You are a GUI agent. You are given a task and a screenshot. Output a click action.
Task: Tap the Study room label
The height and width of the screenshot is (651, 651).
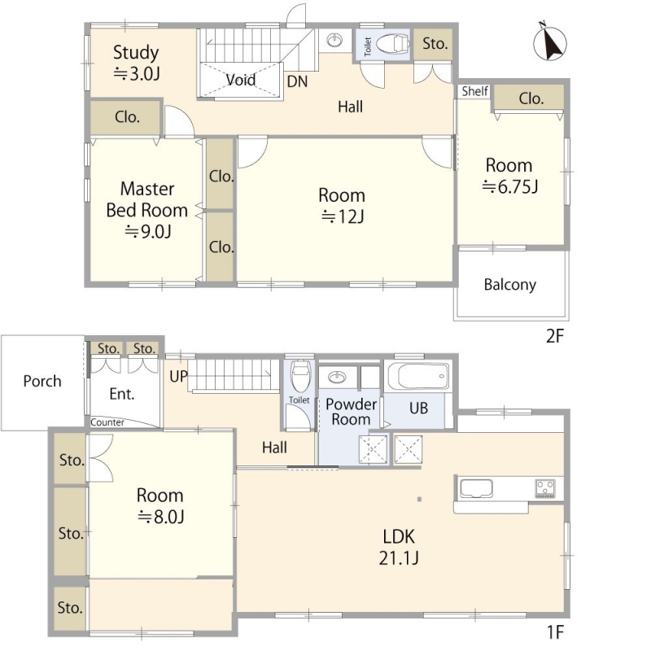coord(136,52)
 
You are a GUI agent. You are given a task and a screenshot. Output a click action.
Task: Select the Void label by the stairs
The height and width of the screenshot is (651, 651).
coord(241,79)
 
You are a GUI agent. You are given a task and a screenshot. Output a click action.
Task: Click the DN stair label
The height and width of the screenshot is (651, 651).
coord(297,81)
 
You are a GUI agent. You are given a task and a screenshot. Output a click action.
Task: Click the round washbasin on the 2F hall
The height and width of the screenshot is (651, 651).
coord(334,40)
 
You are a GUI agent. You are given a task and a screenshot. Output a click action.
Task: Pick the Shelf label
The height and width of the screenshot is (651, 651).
coord(475,91)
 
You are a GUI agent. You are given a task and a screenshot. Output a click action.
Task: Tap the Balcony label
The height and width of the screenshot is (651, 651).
coord(510,285)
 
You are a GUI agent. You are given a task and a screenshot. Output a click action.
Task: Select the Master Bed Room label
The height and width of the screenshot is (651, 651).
coord(147,199)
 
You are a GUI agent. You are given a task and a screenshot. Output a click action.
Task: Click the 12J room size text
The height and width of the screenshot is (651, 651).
coord(343,216)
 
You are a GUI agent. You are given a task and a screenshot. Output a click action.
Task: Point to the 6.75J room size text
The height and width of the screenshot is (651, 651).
coord(510,187)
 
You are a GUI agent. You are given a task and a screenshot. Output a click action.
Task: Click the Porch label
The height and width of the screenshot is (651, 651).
coord(42,381)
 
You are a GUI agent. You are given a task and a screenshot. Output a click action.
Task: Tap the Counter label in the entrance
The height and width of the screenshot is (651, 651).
coord(107,422)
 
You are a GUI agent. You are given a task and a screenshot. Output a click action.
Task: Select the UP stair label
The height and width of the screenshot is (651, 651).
coord(178,377)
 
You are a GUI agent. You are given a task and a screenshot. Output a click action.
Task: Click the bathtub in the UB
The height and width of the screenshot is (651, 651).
coord(418,376)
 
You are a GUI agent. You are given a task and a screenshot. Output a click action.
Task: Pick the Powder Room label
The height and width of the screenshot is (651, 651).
coord(352,412)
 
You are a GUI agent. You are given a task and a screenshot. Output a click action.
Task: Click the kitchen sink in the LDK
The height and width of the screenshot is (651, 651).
coord(476,488)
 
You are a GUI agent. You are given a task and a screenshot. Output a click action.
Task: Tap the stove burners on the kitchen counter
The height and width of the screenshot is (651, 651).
coord(545,488)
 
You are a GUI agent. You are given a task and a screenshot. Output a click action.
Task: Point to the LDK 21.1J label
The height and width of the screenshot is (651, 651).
coord(399,547)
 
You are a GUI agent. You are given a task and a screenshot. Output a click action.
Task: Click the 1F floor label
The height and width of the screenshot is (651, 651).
coord(555,632)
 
